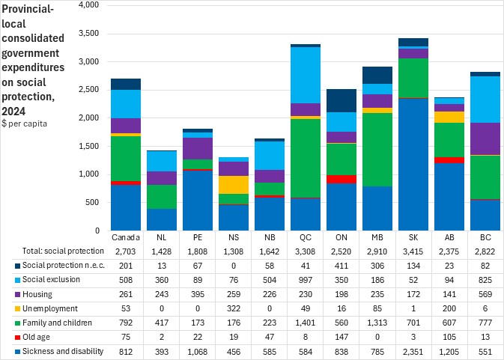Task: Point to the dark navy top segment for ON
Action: (341, 100)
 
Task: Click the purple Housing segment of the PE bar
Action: (197, 148)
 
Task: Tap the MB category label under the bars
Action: (377, 237)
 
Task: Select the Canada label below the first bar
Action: (125, 237)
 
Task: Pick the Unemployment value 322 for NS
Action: (233, 309)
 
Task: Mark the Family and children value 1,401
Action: (305, 323)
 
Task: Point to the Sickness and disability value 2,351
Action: (413, 351)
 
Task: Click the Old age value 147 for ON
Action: (341, 338)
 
